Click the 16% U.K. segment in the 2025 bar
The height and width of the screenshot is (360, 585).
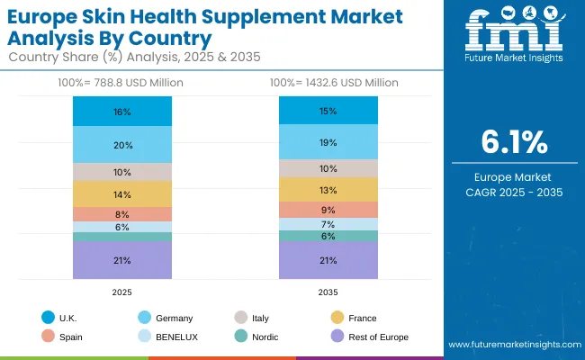pyautogui.click(x=122, y=112)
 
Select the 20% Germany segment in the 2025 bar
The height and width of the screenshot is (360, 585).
pyautogui.click(x=122, y=145)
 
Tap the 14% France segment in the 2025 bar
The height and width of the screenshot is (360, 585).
pyautogui.click(x=122, y=194)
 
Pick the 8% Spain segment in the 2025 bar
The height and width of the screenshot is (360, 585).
pyautogui.click(x=122, y=214)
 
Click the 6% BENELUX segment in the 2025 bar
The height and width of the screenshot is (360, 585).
pyautogui.click(x=122, y=227)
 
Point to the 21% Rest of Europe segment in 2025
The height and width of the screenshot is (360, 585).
pyautogui.click(x=122, y=260)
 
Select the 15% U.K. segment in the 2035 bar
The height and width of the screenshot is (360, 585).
pyautogui.click(x=328, y=111)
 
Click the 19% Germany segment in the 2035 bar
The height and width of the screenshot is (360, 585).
pyautogui.click(x=328, y=142)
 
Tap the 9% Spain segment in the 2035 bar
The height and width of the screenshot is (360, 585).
pyautogui.click(x=328, y=210)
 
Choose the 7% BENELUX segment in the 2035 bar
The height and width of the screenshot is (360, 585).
pyautogui.click(x=328, y=224)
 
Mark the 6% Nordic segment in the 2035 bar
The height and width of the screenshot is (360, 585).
pyautogui.click(x=328, y=236)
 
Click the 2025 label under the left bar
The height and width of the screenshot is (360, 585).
pyautogui.click(x=122, y=292)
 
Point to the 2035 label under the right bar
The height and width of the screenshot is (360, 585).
pyautogui.click(x=328, y=292)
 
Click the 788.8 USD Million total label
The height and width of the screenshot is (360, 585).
pyautogui.click(x=122, y=83)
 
